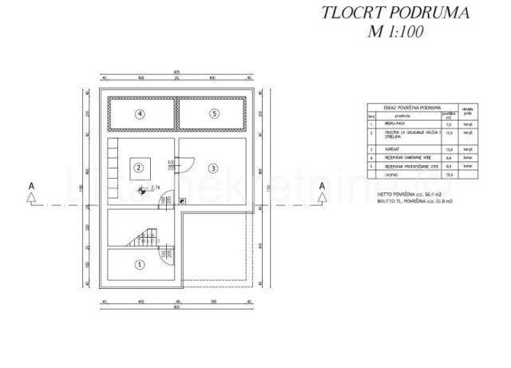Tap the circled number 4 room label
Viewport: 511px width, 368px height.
click(x=140, y=114)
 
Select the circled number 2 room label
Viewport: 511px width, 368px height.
click(x=139, y=168)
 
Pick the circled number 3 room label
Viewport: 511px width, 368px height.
click(x=213, y=168)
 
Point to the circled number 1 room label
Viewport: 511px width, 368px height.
click(x=139, y=263)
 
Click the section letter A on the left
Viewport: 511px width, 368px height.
click(x=31, y=186)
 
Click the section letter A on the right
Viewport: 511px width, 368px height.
click(x=323, y=186)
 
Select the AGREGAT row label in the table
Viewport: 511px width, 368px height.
click(x=395, y=148)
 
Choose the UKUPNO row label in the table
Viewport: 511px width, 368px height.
click(x=394, y=174)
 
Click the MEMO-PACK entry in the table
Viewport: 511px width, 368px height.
click(x=397, y=125)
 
